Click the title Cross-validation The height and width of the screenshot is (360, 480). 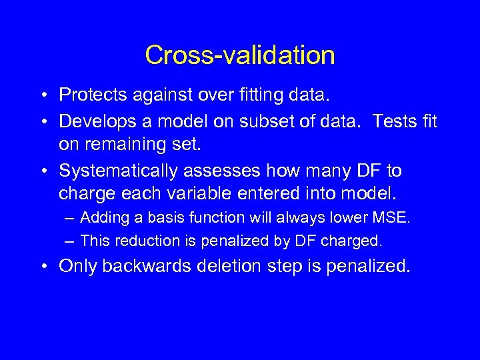tap(240, 55)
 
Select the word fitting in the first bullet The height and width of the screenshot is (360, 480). tap(261, 95)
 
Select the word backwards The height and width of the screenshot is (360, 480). tap(145, 267)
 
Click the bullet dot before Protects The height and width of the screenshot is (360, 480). tap(42, 96)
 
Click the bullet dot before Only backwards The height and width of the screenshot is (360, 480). tap(42, 267)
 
